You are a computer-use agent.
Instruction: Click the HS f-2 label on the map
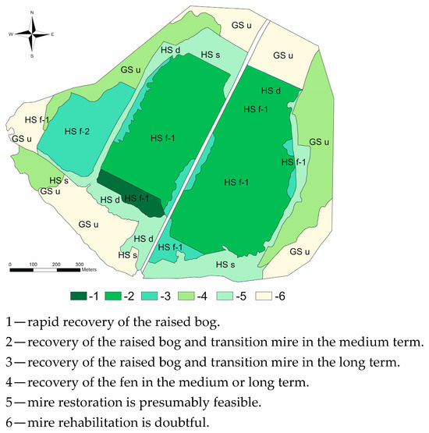77,131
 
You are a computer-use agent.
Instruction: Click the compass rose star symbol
32,34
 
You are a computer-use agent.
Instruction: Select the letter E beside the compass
52,35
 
